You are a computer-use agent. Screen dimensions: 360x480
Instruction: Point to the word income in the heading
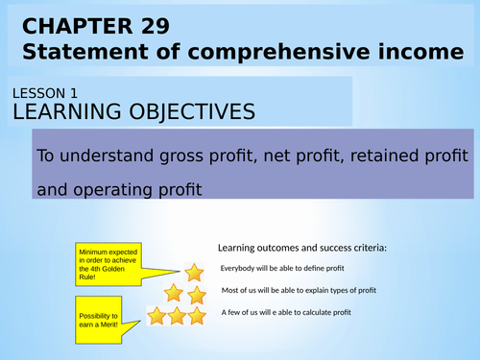click(x=413, y=51)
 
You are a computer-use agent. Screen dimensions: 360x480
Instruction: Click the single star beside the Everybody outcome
click(x=194, y=272)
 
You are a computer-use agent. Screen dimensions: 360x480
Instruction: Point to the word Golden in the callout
click(x=109, y=271)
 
